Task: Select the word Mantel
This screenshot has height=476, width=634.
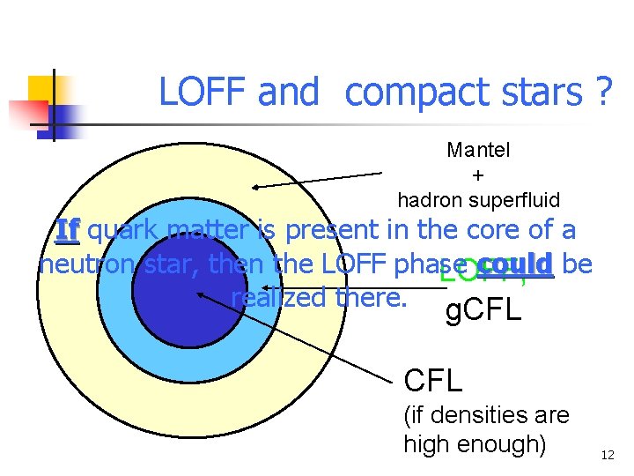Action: (x=478, y=150)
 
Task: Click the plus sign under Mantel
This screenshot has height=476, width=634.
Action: (x=478, y=175)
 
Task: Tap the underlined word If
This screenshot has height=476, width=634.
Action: (x=68, y=231)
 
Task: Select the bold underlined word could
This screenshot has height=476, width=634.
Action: (x=518, y=264)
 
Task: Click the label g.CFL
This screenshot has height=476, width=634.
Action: (x=483, y=310)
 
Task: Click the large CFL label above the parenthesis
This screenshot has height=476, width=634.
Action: (x=432, y=381)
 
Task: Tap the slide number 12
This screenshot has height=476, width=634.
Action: (x=608, y=456)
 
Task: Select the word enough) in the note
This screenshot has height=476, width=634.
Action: (x=503, y=443)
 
